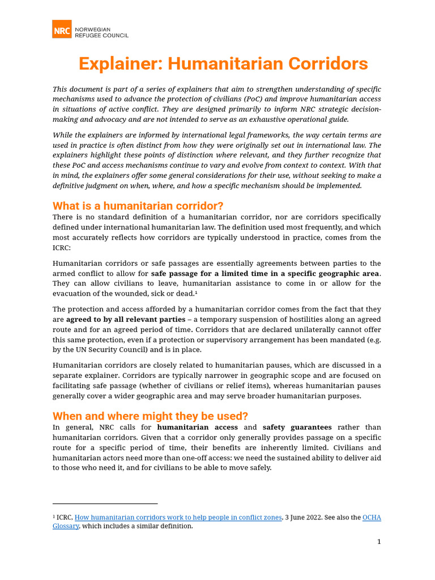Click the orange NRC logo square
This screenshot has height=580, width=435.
pos(62,29)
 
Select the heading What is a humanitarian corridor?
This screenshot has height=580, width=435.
pos(138,206)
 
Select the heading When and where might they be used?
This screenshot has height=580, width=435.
pos(151,415)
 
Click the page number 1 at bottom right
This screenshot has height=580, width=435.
pos(379,542)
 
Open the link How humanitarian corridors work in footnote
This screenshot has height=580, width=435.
pos(178,518)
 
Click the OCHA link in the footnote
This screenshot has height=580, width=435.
pos(372,518)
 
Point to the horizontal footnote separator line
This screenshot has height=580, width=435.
pos(105,503)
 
